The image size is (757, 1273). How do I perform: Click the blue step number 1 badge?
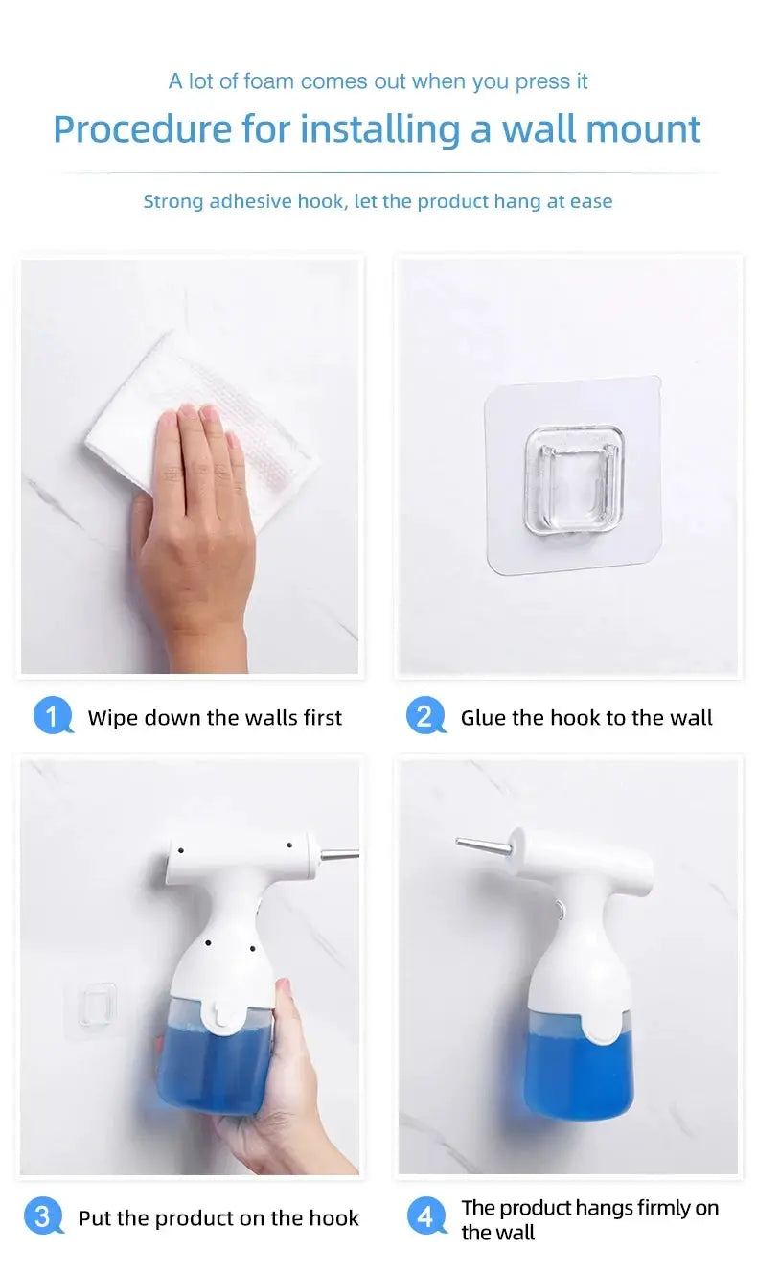tap(53, 715)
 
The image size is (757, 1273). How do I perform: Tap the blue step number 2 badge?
tap(425, 715)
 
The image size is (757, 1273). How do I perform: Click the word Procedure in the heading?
tap(143, 129)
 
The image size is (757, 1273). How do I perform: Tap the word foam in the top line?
tap(269, 81)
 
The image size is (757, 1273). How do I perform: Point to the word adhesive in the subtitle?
tap(250, 201)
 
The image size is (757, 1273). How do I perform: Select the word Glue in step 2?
tap(483, 717)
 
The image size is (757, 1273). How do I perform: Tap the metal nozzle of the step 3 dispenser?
tap(339, 854)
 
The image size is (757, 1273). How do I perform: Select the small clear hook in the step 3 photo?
tap(98, 1005)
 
